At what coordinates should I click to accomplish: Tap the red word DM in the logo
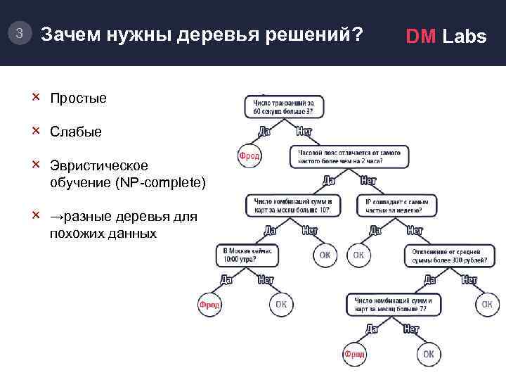[x=422, y=37]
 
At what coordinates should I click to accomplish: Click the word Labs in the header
[x=464, y=37]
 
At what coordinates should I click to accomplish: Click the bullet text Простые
[x=78, y=98]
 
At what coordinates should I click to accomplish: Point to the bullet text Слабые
[x=75, y=132]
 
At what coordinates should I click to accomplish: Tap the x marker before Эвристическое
[x=36, y=165]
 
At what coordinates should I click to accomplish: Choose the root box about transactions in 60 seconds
[x=284, y=107]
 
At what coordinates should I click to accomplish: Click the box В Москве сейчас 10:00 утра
[x=252, y=255]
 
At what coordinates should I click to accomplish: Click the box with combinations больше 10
[x=294, y=205]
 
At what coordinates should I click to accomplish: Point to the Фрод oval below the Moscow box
[x=209, y=304]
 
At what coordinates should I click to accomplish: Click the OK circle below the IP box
[x=358, y=255]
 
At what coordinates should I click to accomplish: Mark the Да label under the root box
[x=265, y=131]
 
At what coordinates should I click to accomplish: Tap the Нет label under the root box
[x=304, y=131]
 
